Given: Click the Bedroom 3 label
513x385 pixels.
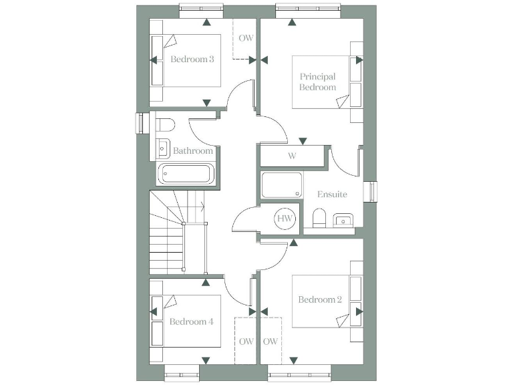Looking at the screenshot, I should (192, 59).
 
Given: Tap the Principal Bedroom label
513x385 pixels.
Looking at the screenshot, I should (317, 82).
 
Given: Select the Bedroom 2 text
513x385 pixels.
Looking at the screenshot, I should (320, 299).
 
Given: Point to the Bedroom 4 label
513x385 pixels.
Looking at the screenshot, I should (191, 322).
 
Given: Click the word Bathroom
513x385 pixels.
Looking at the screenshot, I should (193, 151).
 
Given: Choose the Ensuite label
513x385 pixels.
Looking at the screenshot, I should (332, 195).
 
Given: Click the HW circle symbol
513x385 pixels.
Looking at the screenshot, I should (285, 218).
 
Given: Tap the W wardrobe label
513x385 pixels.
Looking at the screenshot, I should (292, 156).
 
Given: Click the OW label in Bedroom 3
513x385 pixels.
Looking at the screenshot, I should (245, 38).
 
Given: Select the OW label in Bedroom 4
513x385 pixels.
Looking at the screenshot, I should (245, 342).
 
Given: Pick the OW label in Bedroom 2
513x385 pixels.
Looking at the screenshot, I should (271, 342).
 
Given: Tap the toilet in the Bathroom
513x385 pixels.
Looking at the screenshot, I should (166, 124).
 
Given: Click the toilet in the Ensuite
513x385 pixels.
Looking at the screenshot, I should (319, 218).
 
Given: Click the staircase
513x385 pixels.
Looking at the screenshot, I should (167, 234).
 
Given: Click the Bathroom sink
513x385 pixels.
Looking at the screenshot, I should (162, 145).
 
